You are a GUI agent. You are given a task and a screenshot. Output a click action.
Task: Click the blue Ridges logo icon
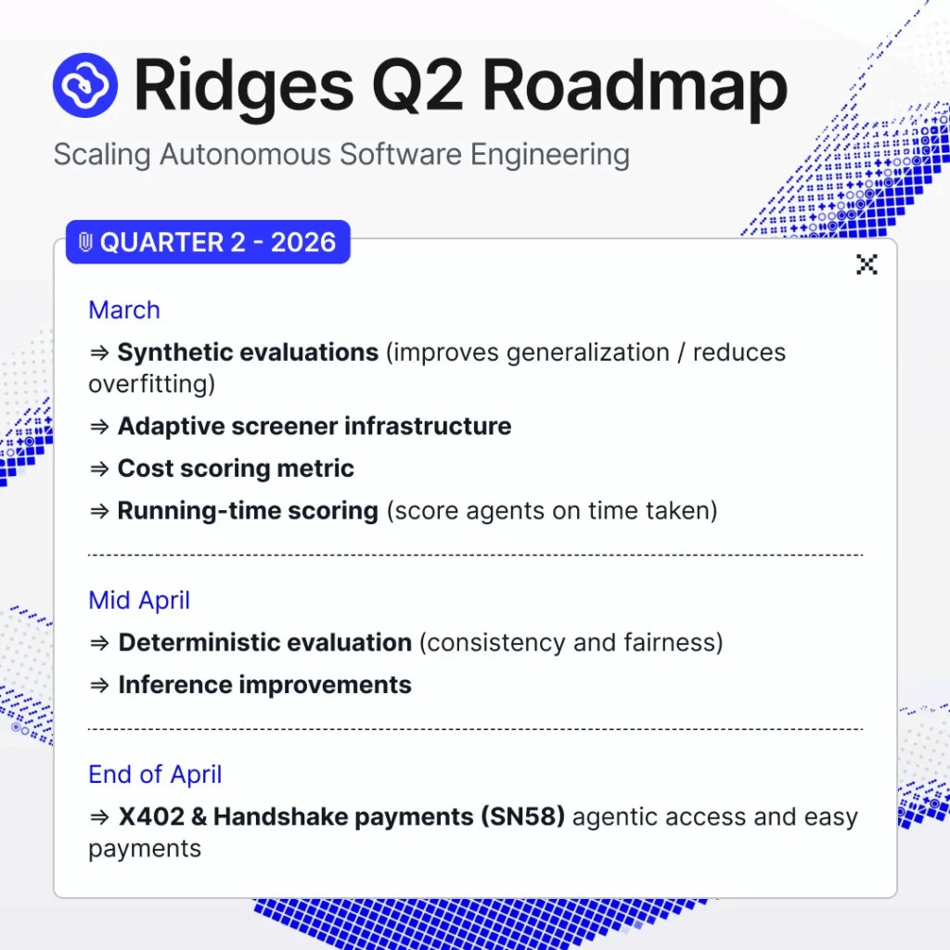coord(84,85)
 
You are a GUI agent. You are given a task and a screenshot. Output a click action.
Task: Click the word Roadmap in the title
coord(635,88)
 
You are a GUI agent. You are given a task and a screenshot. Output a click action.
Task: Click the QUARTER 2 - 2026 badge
coord(208,242)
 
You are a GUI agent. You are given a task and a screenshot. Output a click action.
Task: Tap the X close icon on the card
coord(867,264)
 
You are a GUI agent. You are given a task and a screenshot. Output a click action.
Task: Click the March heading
coord(124,310)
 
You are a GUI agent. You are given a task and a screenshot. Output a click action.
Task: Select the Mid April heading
coord(139,600)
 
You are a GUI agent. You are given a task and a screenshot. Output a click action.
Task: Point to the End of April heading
coord(155,775)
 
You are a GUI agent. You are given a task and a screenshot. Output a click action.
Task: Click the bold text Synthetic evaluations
coord(248,352)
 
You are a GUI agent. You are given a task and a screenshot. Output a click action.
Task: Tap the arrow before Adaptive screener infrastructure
coord(99,427)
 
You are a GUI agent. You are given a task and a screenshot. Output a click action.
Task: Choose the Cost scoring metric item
coord(236,469)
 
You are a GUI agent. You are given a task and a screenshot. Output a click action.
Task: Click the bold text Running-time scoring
coord(248,511)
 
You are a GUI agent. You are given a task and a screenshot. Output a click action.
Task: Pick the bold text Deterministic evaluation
coord(265,643)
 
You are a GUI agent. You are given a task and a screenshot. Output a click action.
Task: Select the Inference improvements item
coord(264,686)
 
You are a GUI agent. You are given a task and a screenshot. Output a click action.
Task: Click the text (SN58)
coord(523,816)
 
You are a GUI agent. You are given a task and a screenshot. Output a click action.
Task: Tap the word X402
coord(151,816)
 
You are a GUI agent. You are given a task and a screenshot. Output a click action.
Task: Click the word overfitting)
coord(151,384)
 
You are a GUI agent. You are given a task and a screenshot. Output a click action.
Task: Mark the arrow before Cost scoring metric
coord(99,469)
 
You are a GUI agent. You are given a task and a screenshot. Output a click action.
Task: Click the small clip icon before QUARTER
coord(85,242)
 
